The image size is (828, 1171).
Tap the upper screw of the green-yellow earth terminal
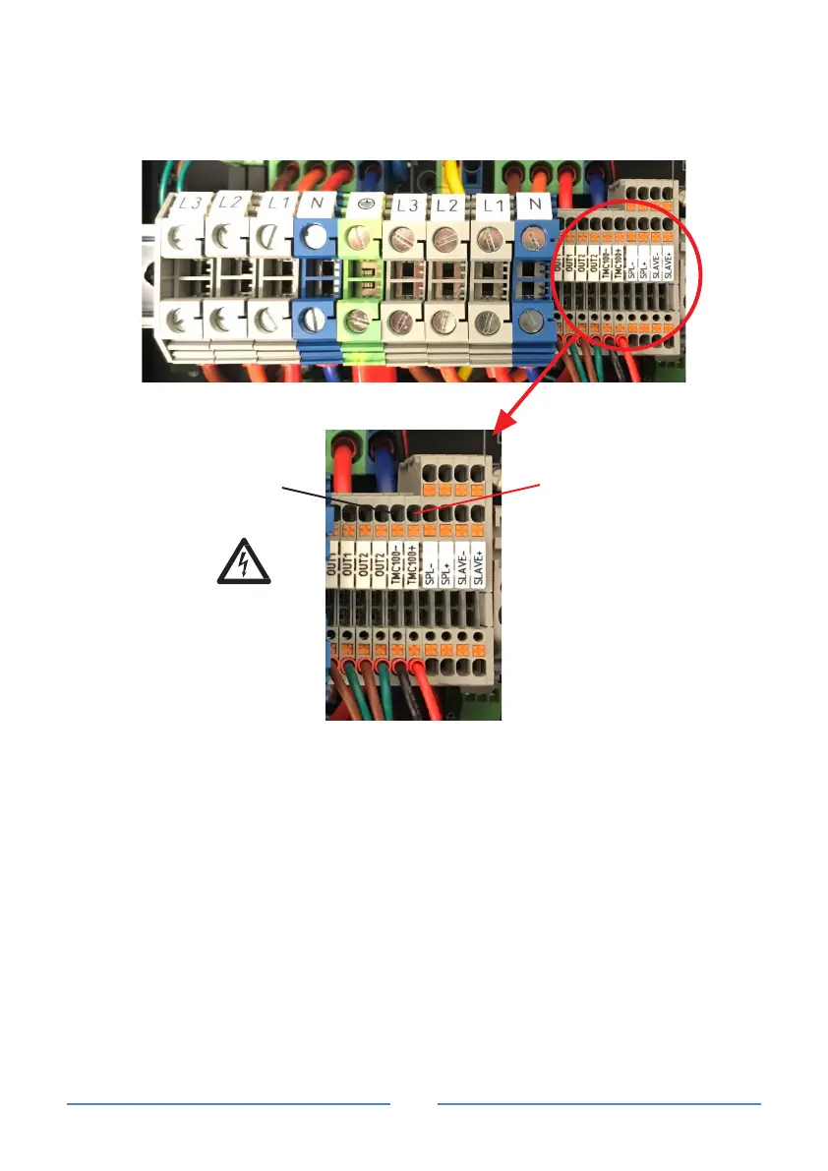(x=360, y=235)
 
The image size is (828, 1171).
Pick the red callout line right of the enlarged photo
(x=482, y=498)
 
